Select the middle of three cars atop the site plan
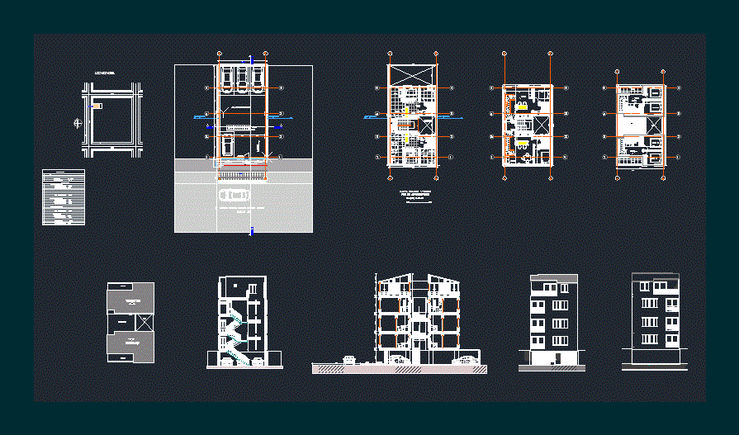[x=242, y=76]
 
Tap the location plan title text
[x=104, y=73]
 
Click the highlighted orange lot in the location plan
[x=97, y=106]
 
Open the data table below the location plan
[x=64, y=197]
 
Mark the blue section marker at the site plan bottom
[x=251, y=232]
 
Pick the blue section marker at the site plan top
[x=251, y=59]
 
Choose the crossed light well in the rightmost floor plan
[x=653, y=125]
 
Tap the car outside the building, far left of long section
[x=350, y=359]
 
